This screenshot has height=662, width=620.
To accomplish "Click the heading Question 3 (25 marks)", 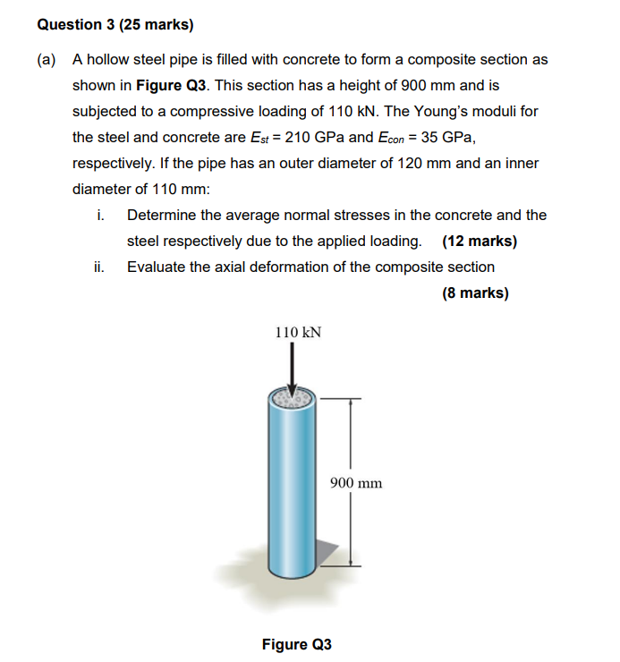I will (x=115, y=25).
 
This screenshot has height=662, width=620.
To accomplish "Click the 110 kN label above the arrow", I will (x=298, y=332).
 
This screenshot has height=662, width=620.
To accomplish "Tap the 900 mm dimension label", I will (x=356, y=483).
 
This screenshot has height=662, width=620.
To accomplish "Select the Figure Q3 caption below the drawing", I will (x=296, y=644).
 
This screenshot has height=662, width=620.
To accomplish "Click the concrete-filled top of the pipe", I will (x=290, y=399).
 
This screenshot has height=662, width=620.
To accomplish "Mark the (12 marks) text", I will (x=480, y=242).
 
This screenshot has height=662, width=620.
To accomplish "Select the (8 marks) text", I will (x=475, y=293).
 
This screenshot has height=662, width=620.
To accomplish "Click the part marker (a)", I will (x=47, y=60).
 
